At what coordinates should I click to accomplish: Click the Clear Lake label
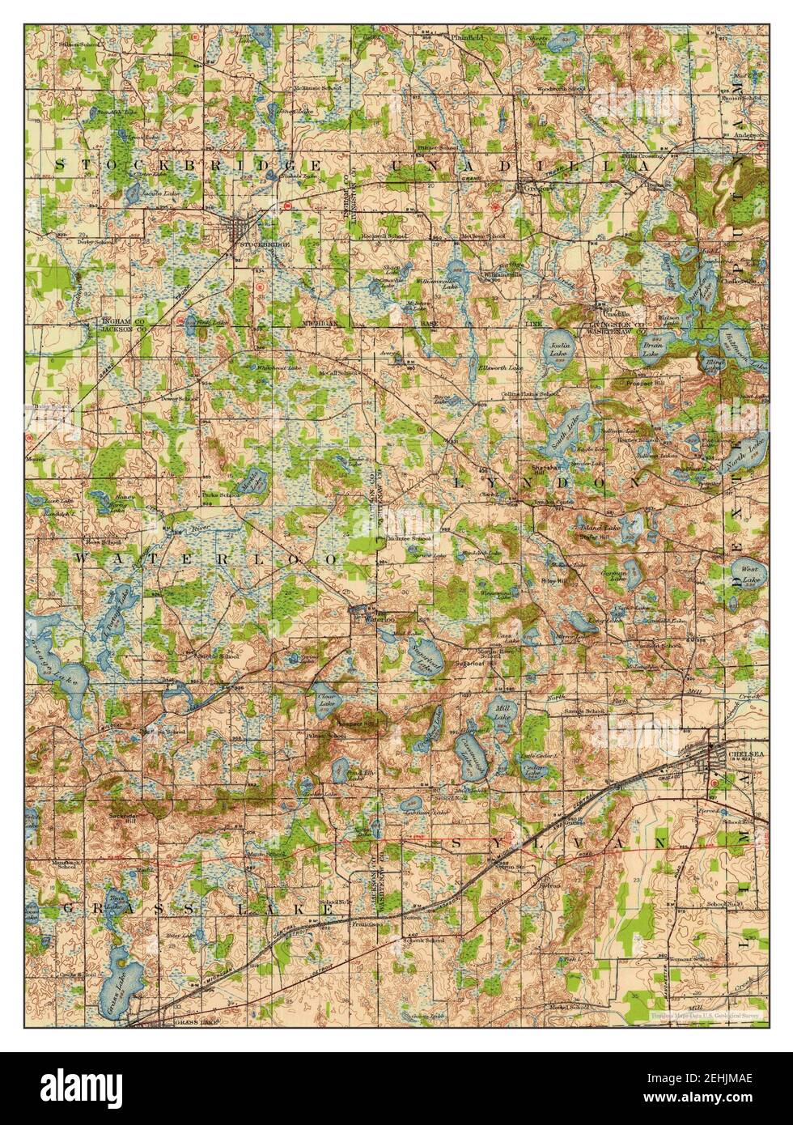[326, 699]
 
